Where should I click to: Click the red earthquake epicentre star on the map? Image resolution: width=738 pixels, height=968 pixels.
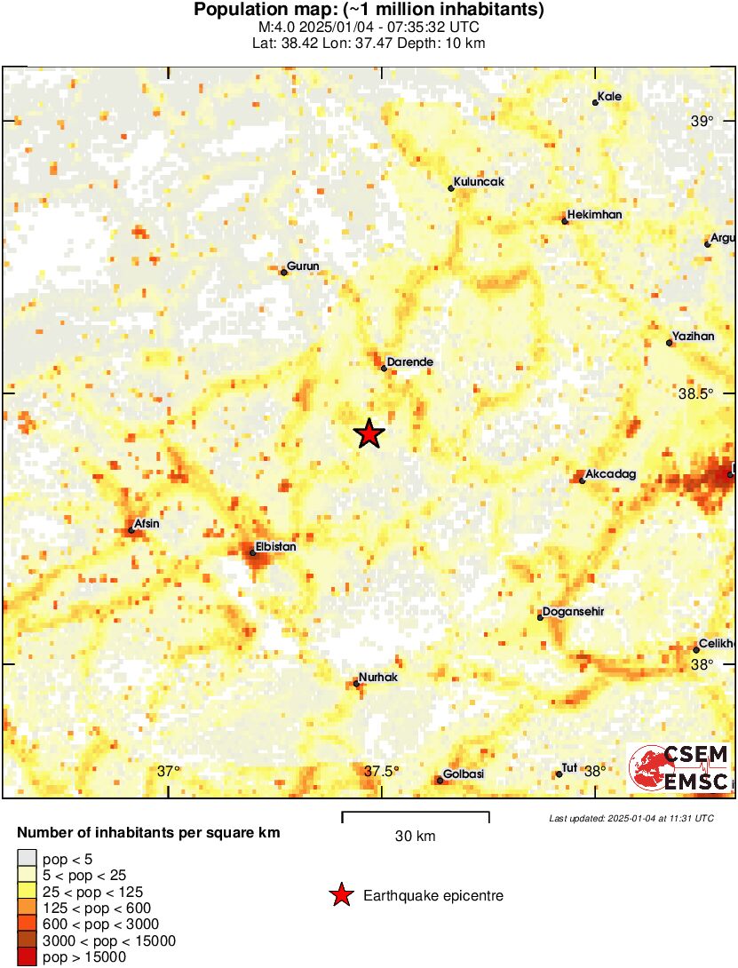[369, 433]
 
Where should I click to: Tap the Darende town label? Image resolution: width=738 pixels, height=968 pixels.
[410, 362]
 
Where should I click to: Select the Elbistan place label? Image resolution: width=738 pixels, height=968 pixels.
[275, 547]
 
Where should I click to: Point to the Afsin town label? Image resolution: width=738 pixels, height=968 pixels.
[147, 523]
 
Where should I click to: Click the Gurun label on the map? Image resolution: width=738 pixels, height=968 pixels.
[303, 266]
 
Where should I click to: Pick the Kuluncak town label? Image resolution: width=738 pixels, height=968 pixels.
[479, 182]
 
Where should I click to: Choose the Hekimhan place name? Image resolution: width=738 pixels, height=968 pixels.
[594, 215]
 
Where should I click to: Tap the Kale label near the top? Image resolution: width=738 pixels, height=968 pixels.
[609, 97]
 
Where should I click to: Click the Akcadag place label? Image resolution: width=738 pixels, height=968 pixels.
[612, 475]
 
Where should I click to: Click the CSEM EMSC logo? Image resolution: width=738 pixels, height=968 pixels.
[679, 768]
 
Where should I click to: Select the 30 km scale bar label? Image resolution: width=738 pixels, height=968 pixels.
[415, 837]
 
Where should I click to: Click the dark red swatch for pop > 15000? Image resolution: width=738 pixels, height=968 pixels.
[27, 957]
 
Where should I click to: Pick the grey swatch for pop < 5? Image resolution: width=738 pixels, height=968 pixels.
[27, 858]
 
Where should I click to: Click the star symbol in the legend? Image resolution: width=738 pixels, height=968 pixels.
[340, 896]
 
